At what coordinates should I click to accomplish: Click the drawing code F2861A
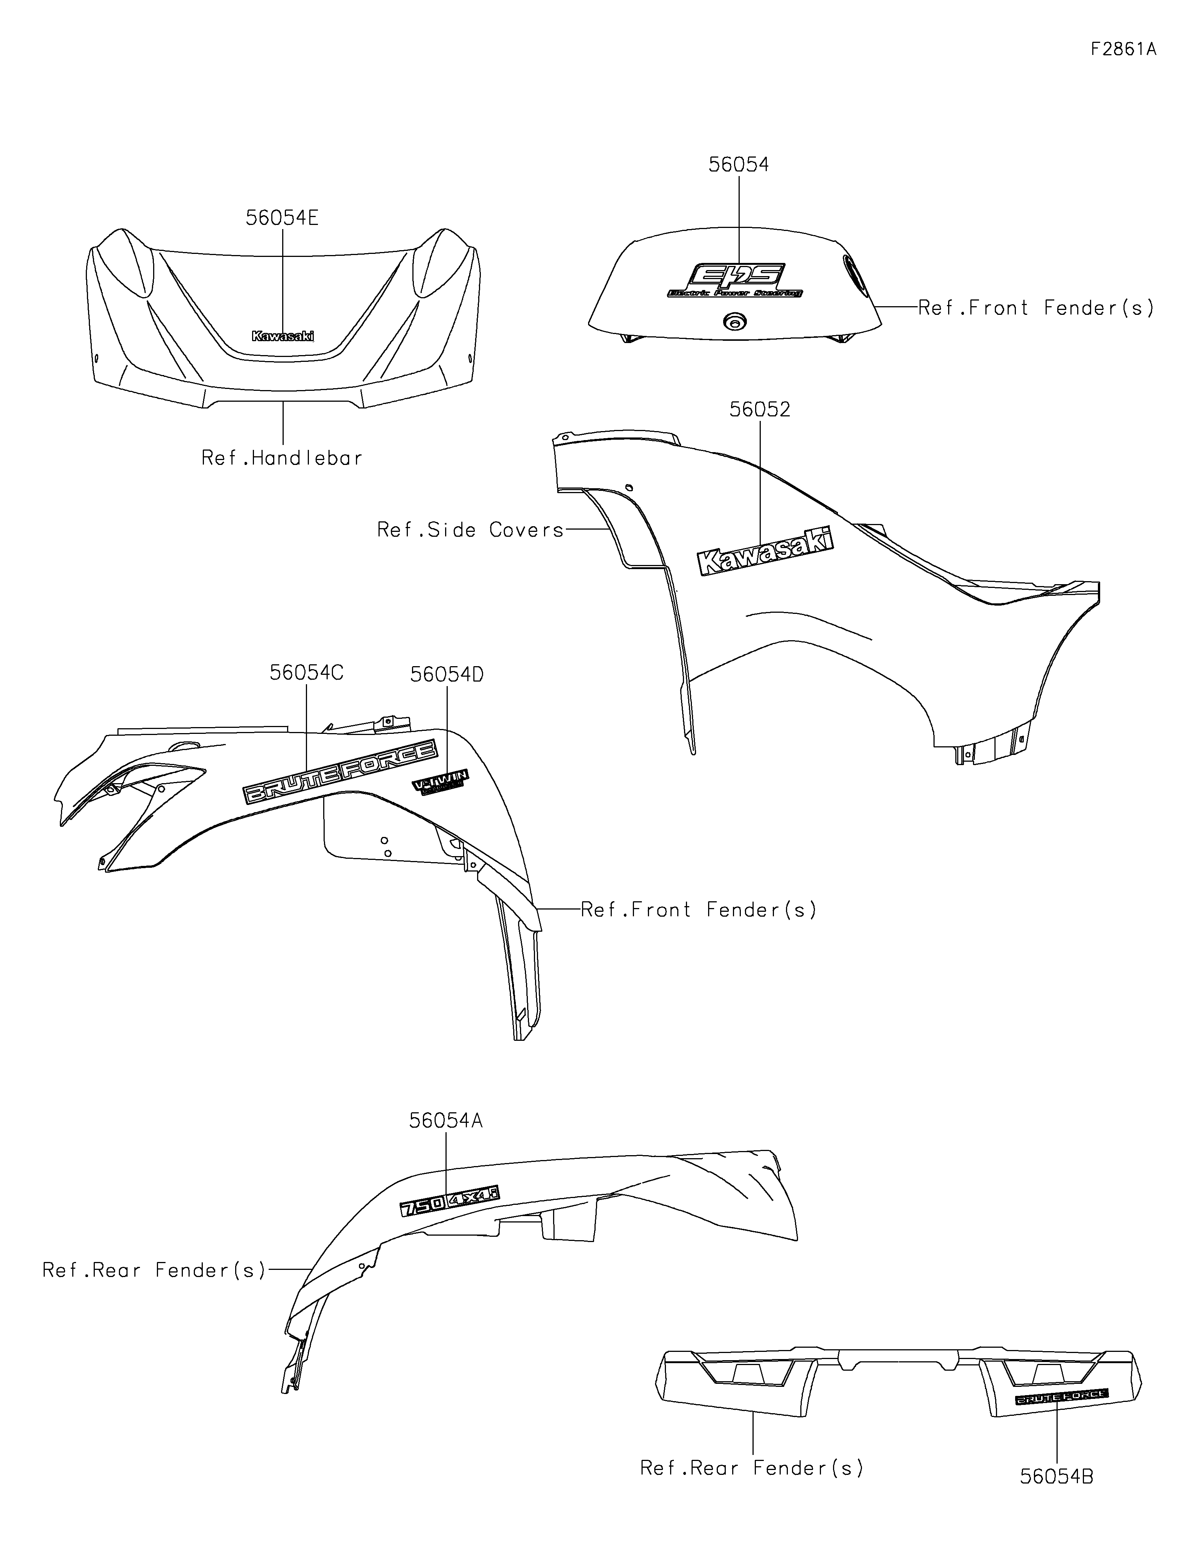coord(1123,49)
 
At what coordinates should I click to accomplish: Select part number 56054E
coord(282,218)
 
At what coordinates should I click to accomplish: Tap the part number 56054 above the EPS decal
coord(738,164)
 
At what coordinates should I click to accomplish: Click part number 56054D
coord(447,674)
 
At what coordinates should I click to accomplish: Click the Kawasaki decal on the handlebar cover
coord(283,336)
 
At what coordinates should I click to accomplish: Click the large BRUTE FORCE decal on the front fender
coord(341,773)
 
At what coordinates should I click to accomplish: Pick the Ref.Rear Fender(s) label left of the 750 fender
coord(154,1270)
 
